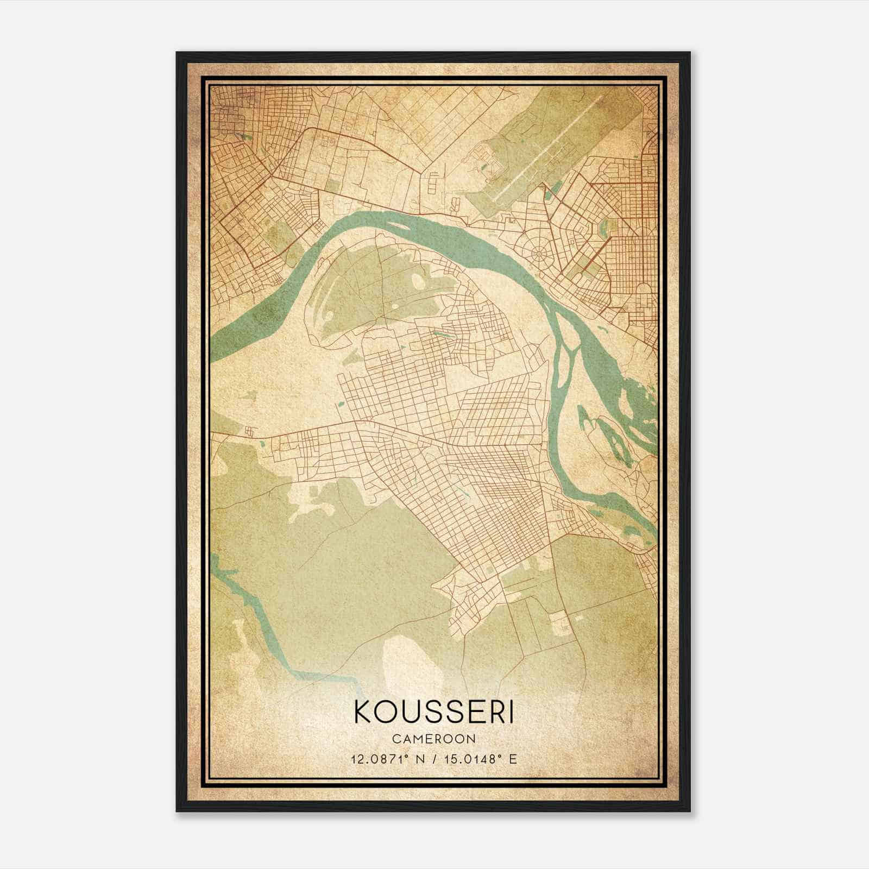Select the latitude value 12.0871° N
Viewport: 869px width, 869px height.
coord(386,759)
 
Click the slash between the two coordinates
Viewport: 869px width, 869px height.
coord(434,759)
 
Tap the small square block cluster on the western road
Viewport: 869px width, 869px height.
coord(249,432)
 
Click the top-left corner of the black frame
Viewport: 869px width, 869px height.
coord(178,53)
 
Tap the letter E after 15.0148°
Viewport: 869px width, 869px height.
coord(513,759)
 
